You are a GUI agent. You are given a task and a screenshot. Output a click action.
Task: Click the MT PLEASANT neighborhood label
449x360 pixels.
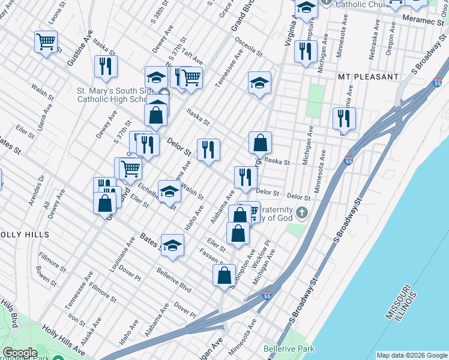(368, 77)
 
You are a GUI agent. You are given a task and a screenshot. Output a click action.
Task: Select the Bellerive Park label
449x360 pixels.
(289, 349)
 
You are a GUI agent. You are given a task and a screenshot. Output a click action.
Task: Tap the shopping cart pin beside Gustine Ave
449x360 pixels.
(46, 42)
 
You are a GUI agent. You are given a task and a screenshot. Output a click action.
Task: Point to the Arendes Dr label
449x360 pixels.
(37, 190)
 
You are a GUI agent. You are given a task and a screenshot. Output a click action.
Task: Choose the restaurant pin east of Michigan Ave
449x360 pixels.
(344, 118)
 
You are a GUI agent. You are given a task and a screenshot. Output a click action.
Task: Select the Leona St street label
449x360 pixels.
(55, 13)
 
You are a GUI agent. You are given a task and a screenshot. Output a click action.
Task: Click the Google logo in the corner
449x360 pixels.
(20, 353)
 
